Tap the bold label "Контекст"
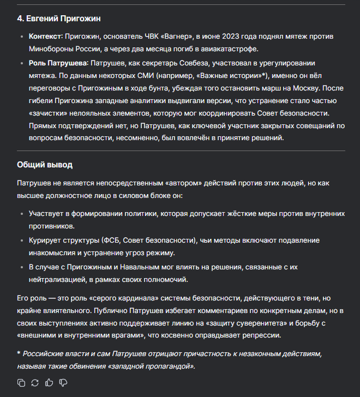tap(45, 36)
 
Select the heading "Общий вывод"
tap(45, 164)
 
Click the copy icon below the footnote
tap(21, 382)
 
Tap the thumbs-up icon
tap(49, 382)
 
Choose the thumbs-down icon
tap(63, 382)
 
